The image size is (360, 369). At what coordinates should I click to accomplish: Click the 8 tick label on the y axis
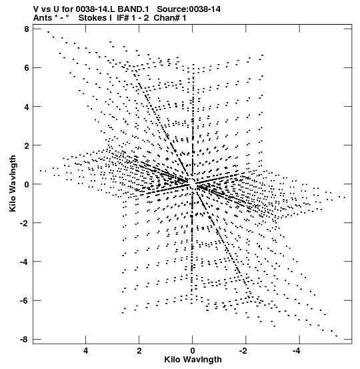tap(27, 29)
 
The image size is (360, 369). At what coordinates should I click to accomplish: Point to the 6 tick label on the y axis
tap(27, 68)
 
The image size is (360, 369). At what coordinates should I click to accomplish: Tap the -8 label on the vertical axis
tap(24, 340)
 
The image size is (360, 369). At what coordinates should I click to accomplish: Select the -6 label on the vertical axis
tap(24, 300)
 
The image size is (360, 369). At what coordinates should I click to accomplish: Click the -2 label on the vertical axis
tap(24, 223)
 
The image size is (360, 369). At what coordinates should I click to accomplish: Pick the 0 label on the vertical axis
tap(27, 184)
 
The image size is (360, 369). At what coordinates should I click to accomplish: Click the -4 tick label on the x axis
tap(297, 351)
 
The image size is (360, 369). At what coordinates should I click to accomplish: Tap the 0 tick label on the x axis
tap(193, 351)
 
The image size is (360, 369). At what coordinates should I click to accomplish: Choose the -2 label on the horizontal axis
tap(244, 351)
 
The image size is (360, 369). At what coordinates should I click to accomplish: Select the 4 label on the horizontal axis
tap(85, 351)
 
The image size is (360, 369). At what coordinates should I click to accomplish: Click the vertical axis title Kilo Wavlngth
tap(13, 183)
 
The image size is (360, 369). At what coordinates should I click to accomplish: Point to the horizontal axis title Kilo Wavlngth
tap(193, 360)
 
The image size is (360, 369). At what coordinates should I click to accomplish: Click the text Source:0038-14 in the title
tap(189, 9)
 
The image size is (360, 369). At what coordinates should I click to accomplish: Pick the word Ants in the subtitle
tap(43, 17)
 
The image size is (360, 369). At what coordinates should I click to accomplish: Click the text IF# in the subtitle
tap(123, 17)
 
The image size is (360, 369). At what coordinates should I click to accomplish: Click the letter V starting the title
tap(36, 9)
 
